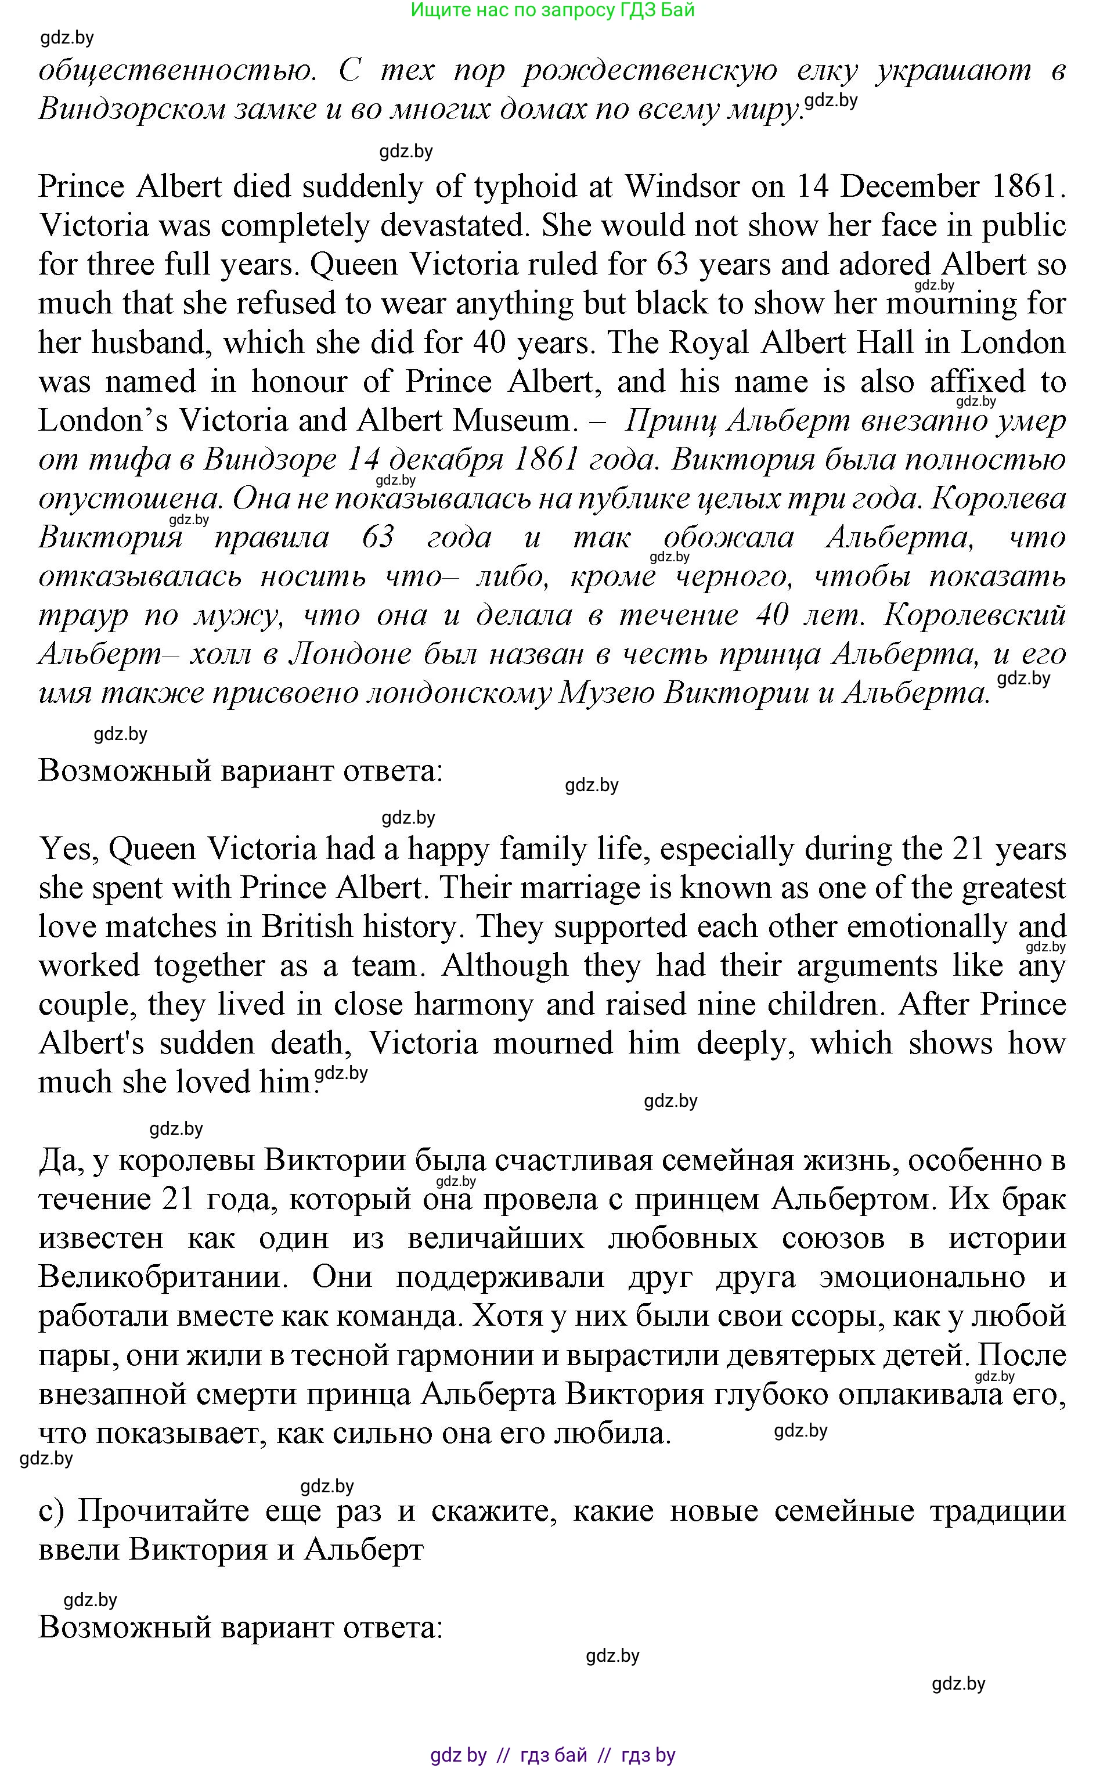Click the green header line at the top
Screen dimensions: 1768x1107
click(x=553, y=10)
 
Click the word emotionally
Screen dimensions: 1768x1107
click(x=927, y=926)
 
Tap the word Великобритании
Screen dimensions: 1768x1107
click(x=162, y=1277)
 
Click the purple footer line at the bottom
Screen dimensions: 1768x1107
click(x=553, y=1755)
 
